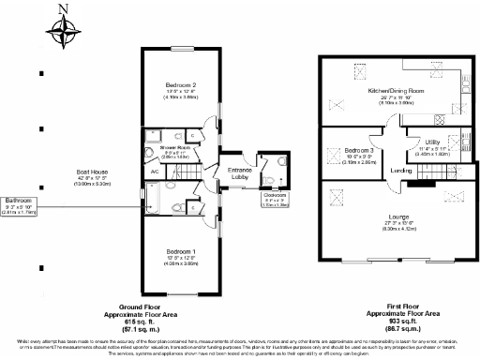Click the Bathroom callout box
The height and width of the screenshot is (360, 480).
(21, 204)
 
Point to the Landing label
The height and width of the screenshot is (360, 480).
(401, 171)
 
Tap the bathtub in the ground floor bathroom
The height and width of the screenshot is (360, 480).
(153, 200)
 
